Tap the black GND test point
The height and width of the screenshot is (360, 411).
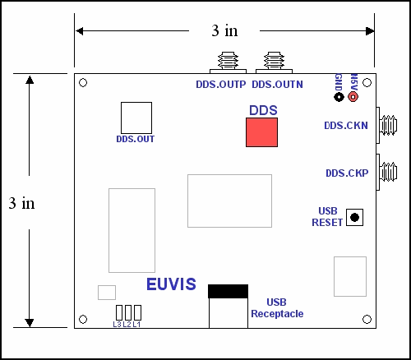[x=339, y=97]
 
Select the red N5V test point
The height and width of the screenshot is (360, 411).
[x=353, y=97]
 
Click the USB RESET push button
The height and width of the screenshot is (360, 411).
[x=354, y=217]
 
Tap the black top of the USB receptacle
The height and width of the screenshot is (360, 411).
[x=228, y=291]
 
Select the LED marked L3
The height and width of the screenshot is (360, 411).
[x=118, y=312]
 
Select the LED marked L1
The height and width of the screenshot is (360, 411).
[x=137, y=312]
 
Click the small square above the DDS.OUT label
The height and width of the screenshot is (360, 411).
[x=136, y=117]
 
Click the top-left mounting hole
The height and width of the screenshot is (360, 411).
[x=83, y=83]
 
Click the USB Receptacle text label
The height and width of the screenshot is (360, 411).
[x=277, y=307]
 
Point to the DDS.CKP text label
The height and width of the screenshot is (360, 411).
[x=346, y=173]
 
